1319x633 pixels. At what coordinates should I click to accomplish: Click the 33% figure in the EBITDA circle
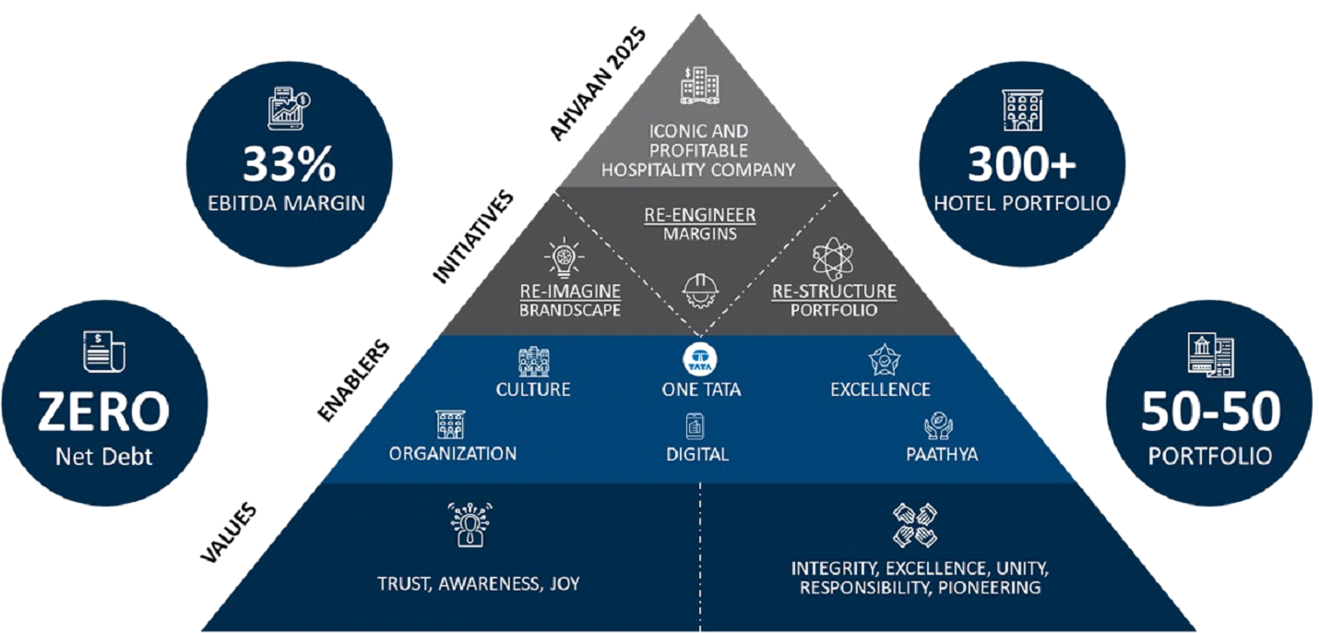pos(289,164)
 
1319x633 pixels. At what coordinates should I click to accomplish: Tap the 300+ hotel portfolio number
pos(1022,164)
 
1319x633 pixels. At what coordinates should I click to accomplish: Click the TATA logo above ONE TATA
pos(700,359)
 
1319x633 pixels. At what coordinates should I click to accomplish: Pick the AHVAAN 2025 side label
pos(598,84)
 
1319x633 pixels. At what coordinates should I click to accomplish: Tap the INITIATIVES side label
pos(473,237)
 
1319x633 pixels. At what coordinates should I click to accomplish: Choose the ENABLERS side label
pos(353,380)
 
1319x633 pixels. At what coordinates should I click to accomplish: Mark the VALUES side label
pos(229,533)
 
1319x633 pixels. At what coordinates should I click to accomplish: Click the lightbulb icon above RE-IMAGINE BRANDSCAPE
pos(564,257)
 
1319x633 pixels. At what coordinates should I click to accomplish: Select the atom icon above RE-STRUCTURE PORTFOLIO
pos(832,258)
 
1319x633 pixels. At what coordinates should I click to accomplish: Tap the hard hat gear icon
pos(700,291)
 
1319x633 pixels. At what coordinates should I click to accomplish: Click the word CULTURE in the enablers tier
pos(533,389)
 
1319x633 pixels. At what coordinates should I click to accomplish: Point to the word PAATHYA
pos(942,454)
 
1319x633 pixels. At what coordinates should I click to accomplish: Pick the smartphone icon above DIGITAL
pos(695,426)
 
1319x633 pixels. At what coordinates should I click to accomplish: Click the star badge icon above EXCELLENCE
pos(884,360)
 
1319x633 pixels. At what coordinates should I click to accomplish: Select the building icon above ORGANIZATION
pos(450,424)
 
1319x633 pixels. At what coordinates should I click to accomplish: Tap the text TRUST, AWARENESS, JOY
pos(478,583)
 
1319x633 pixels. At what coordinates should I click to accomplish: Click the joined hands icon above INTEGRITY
pos(914,525)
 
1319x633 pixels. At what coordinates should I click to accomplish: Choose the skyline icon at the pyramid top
pos(699,86)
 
